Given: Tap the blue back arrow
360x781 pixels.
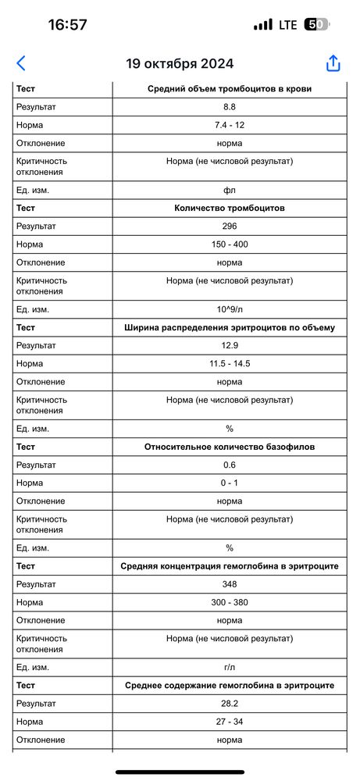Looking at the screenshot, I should (21, 63).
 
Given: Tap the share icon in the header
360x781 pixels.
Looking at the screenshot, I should (333, 63).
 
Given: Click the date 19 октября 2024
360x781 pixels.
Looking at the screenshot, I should (180, 64).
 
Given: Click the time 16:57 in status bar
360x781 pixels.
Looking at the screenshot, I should (67, 24).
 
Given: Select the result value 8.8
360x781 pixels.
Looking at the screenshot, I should (230, 107).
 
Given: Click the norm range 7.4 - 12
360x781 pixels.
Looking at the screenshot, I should (230, 125).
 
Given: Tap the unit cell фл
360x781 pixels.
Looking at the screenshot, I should (230, 190).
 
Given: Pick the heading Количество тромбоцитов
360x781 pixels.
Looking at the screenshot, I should (230, 208).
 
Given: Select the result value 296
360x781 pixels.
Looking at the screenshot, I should (230, 226).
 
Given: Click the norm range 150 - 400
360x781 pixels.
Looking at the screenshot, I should (230, 244).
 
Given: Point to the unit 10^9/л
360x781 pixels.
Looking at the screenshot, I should (230, 309).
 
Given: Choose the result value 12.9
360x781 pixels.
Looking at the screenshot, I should (230, 345).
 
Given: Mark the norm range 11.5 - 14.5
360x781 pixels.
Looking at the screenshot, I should (230, 364).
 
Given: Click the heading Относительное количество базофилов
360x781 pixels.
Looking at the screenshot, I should (230, 447).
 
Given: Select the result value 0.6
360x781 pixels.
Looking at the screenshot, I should (230, 465).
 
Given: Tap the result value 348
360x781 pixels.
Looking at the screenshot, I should (230, 584).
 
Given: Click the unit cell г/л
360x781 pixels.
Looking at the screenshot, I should (230, 667).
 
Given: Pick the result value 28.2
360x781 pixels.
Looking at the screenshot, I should (230, 704).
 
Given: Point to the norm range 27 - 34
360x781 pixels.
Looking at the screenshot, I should (230, 722).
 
